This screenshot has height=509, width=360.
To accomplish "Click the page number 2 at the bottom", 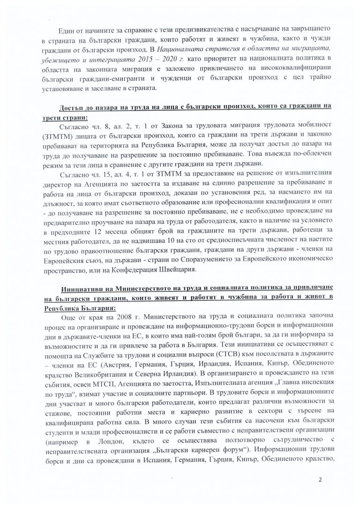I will (321, 480).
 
